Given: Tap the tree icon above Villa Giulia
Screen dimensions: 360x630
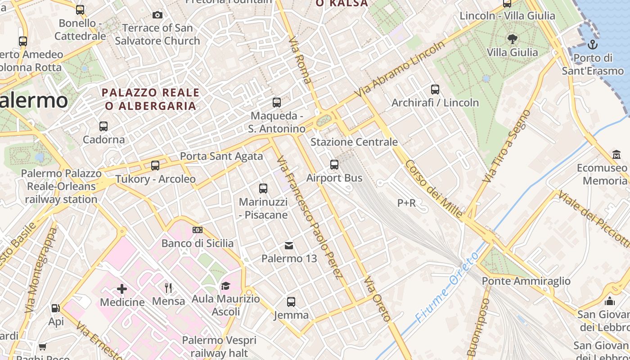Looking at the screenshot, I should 512,39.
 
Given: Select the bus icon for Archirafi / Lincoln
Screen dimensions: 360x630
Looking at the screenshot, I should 435,89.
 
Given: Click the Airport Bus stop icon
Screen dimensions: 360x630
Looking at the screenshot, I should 334,165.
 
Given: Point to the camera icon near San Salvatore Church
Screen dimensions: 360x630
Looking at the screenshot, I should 157,15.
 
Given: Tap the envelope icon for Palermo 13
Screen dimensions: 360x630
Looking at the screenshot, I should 289,245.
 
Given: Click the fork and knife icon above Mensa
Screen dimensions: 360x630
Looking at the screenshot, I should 168,288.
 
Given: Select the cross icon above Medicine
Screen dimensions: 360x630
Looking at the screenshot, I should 122,288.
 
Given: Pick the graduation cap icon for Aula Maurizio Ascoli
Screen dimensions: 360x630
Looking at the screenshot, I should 225,286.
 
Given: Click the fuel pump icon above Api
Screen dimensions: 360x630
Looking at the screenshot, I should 56,308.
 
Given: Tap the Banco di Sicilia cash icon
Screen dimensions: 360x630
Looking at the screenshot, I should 197,230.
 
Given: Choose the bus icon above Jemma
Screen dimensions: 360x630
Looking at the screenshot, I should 291,301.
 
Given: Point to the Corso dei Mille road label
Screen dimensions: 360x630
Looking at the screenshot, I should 434,189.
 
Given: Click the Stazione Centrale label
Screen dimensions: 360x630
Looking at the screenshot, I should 354,142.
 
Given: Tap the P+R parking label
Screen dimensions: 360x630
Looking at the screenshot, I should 406,203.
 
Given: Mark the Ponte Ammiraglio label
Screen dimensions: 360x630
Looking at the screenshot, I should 526,281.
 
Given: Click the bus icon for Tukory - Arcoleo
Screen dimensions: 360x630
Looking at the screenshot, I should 155,166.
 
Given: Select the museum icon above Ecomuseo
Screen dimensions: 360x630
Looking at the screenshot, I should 616,155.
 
